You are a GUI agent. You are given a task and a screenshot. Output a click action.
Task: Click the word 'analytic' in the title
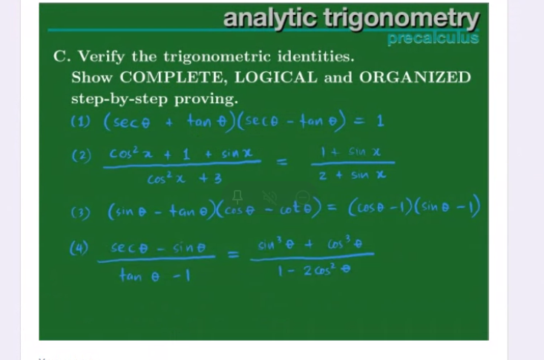coord(270,18)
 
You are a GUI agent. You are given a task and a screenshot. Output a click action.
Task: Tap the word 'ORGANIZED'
coord(415,77)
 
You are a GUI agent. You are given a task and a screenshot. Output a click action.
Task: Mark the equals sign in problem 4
coord(232,257)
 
